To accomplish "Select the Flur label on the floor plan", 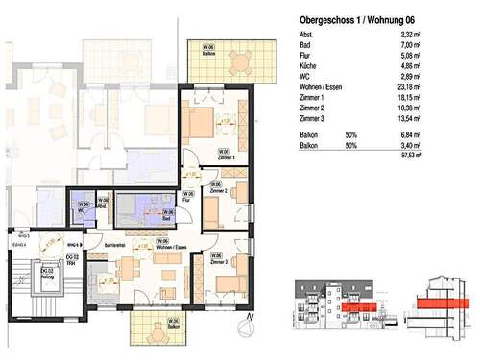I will [188, 203].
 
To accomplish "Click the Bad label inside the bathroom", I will [166, 218].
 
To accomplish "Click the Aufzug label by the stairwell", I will [45, 277].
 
